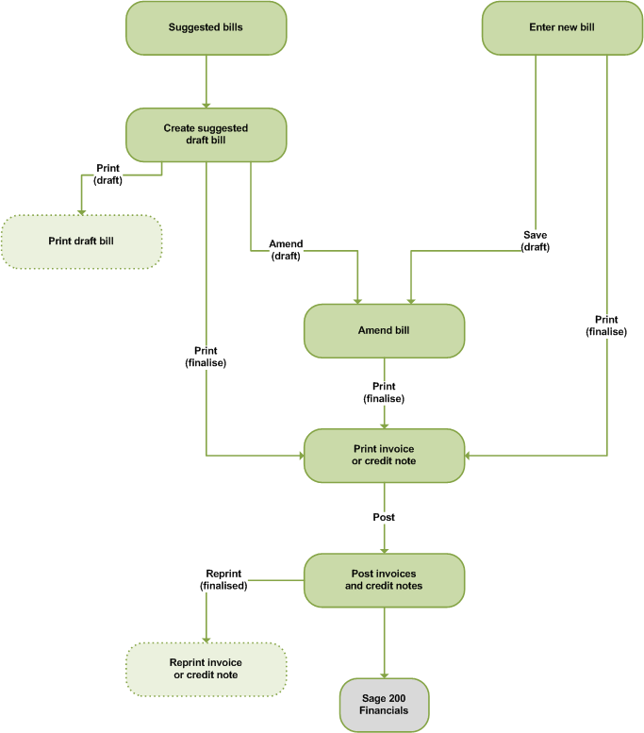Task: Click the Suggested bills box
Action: [206, 27]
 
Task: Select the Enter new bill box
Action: [562, 27]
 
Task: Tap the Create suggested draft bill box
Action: [206, 134]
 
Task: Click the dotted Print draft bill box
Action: [81, 241]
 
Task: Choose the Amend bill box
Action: [384, 330]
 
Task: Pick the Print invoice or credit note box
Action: [384, 456]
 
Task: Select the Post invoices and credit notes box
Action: [384, 579]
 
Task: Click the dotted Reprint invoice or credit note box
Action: [206, 668]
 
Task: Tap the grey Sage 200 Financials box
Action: [384, 704]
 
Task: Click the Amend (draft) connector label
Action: [285, 249]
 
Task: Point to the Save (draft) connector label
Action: [536, 240]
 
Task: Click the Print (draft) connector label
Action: [108, 174]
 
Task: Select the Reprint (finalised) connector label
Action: [223, 579]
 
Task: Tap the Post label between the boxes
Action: [384, 517]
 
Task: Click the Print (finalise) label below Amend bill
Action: [384, 392]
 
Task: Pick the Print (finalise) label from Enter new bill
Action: [605, 325]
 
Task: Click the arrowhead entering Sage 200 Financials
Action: [384, 674]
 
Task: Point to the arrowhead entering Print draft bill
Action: [81, 210]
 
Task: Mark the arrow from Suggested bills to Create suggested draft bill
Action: [206, 79]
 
